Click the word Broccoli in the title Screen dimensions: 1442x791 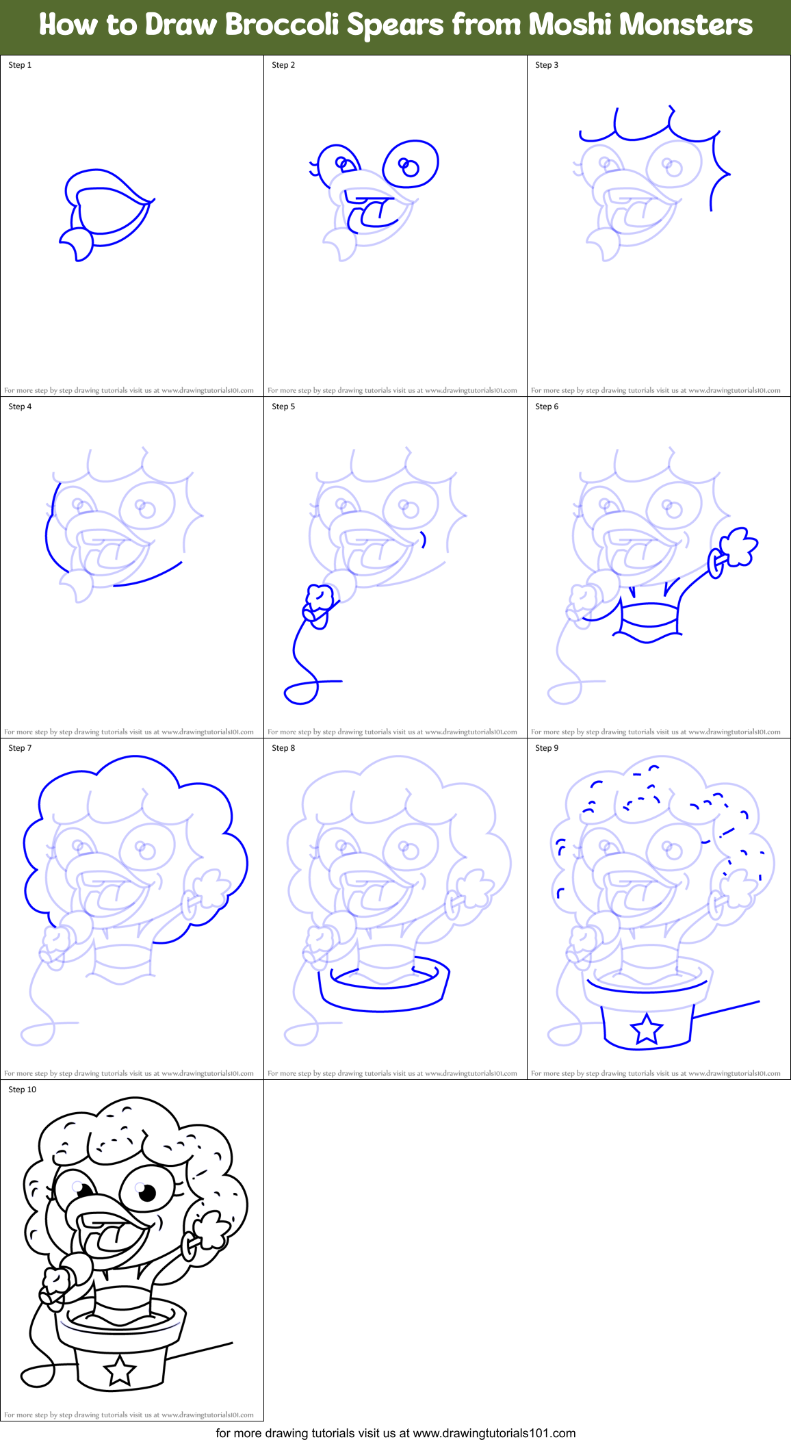[282, 25]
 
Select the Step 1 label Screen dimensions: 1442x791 [20, 65]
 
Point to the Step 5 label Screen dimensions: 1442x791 [283, 407]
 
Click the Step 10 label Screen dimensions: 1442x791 [23, 1090]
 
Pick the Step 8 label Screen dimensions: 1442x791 [283, 748]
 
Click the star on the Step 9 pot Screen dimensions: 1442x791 [647, 1028]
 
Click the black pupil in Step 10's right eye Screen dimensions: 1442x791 [147, 1192]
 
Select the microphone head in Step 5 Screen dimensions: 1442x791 [319, 597]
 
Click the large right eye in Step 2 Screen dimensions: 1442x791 [411, 164]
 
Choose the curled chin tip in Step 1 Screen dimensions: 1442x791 [77, 246]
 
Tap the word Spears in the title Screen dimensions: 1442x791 [395, 25]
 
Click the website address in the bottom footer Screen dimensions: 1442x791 [494, 1432]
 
